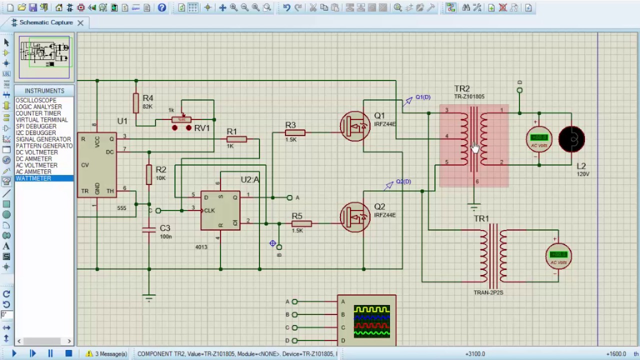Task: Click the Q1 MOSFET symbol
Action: [x=355, y=126]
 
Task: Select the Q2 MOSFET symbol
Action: [x=355, y=217]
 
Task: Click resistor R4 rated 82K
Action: [x=136, y=103]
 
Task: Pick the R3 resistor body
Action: [x=295, y=133]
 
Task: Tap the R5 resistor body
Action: [x=301, y=223]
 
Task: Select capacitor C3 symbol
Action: [x=149, y=230]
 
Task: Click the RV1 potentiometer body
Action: [x=181, y=119]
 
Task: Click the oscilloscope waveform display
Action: [x=371, y=320]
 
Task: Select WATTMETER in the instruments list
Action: [x=33, y=178]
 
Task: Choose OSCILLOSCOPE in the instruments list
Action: [x=35, y=100]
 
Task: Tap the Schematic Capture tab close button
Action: [x=80, y=22]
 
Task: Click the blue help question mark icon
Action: [x=161, y=7]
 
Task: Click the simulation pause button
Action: [x=50, y=353]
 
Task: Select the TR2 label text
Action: [x=461, y=89]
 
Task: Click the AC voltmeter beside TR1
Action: [x=558, y=256]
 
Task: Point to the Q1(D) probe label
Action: [x=422, y=97]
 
